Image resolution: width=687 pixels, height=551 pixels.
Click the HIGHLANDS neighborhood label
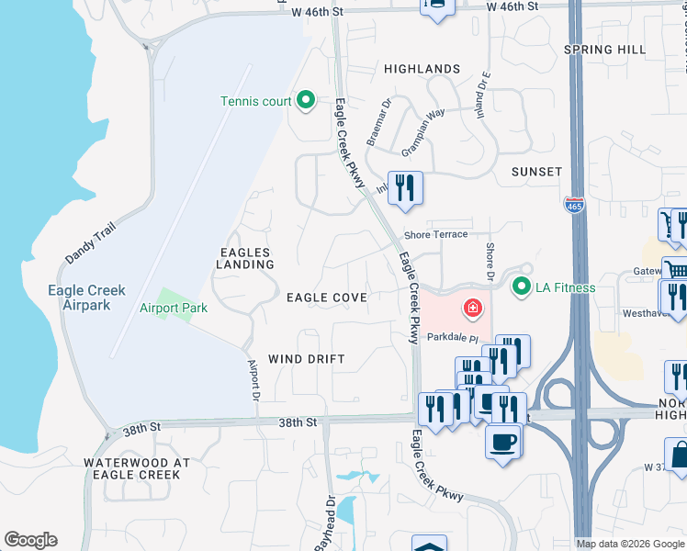(x=422, y=69)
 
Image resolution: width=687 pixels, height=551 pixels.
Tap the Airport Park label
(x=173, y=309)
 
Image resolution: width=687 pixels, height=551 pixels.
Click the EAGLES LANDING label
(x=246, y=258)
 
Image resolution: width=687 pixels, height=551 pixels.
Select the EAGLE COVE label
(x=326, y=298)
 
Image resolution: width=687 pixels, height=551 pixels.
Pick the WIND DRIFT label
(x=306, y=359)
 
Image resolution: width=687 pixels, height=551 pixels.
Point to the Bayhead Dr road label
(x=325, y=524)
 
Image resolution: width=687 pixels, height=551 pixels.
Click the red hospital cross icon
(x=473, y=309)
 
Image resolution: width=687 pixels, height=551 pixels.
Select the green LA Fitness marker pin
(x=523, y=287)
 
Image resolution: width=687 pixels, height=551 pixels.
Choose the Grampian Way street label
(x=422, y=126)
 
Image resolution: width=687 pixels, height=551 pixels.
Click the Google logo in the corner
(x=30, y=540)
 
